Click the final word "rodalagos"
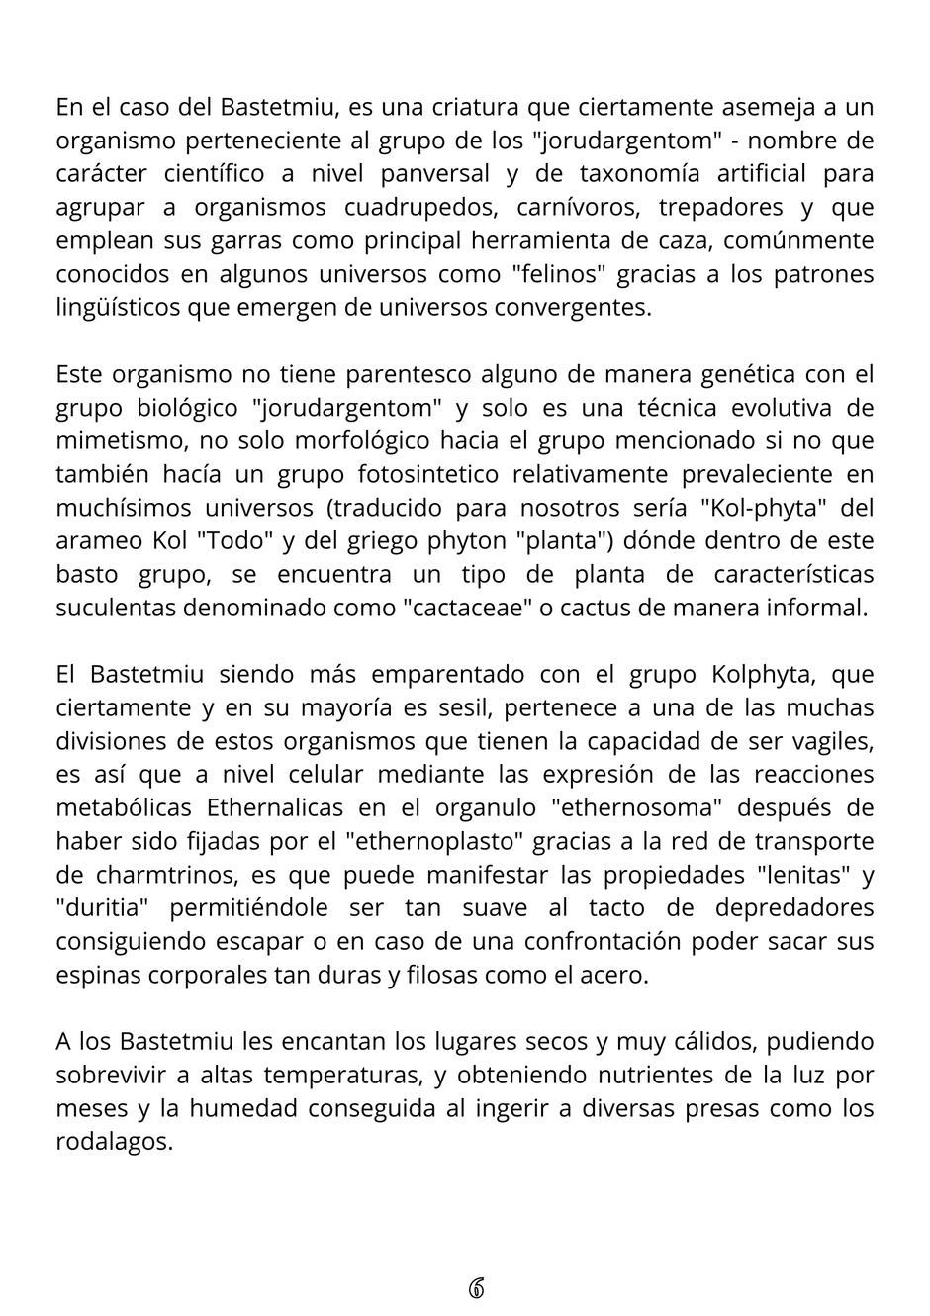pos(114,1142)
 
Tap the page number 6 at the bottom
pos(475,1288)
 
